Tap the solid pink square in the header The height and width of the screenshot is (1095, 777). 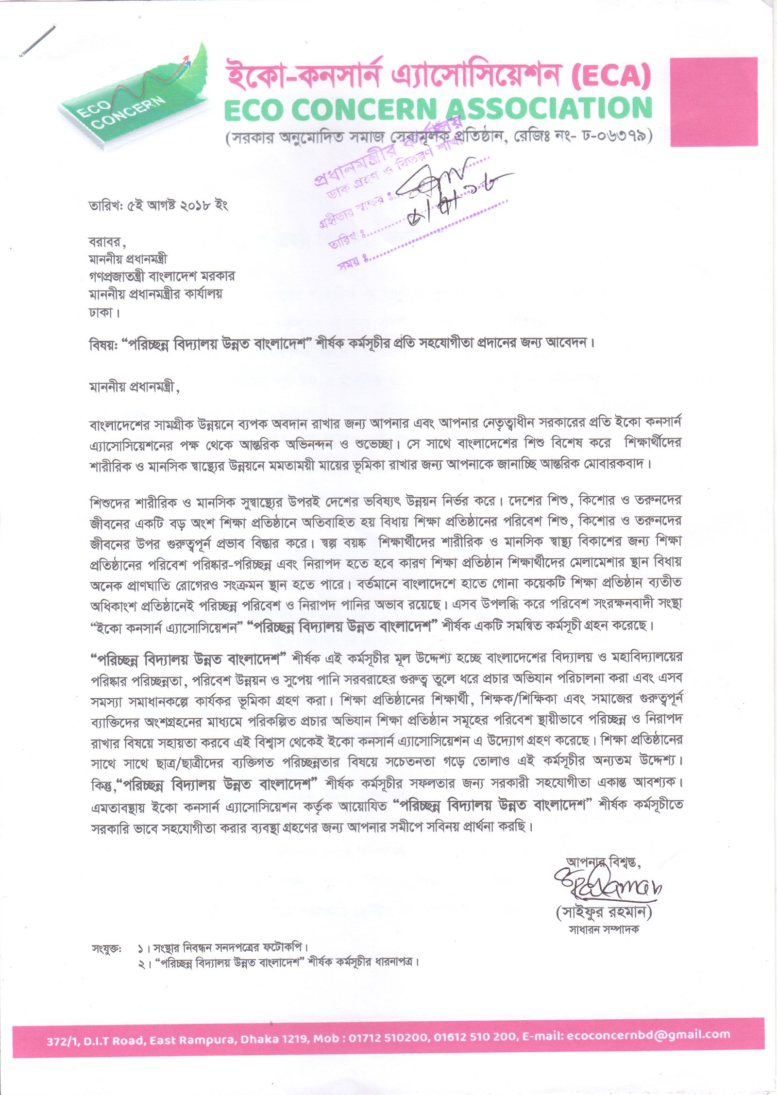click(713, 101)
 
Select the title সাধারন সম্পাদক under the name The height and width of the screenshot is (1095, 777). click(604, 929)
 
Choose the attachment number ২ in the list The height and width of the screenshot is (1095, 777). click(141, 963)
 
